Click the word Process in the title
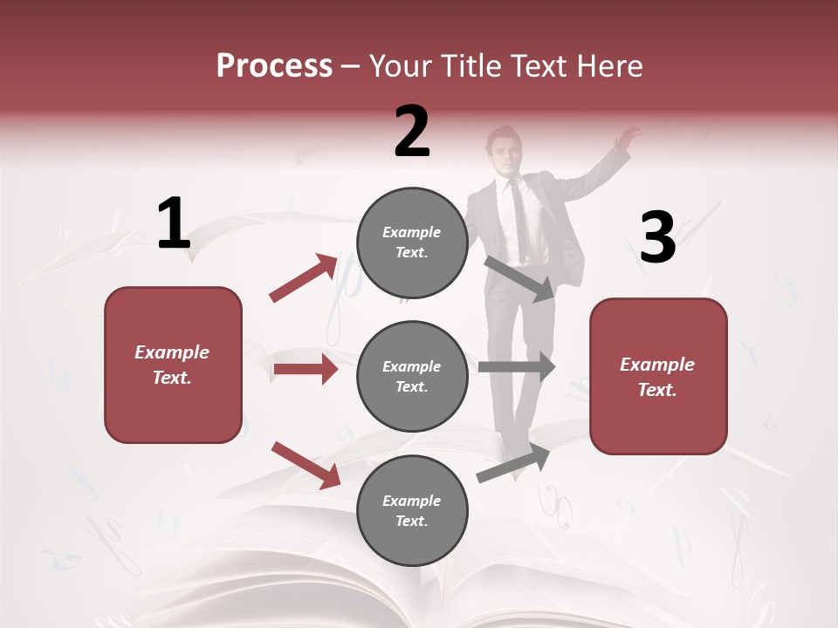274,66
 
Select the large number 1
174,224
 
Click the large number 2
412,132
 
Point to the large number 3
657,238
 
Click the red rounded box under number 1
173,365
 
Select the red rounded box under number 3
658,377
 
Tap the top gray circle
412,242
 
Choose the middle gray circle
412,376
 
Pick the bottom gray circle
412,510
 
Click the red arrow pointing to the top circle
304,278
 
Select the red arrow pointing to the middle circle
306,370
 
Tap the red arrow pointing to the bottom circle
306,465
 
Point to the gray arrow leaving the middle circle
516,366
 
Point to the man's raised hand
626,138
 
